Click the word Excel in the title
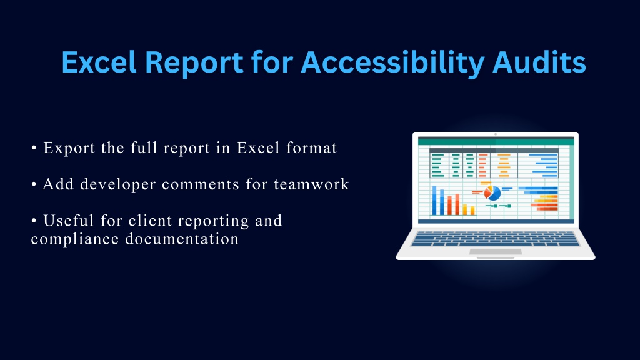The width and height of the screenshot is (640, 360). coord(99,62)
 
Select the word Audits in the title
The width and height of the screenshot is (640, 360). coord(539,62)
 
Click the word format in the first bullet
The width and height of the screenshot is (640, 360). coord(311,147)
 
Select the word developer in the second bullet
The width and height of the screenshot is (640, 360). coord(118,185)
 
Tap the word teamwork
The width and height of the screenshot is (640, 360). coord(311,184)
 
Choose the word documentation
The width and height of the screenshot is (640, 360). coord(182,239)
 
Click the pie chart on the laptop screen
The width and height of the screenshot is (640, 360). coord(492,192)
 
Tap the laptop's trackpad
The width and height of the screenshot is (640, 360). coord(496,252)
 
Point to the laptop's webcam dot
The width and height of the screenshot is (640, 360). coord(496,134)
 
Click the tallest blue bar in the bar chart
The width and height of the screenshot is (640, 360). coord(434,201)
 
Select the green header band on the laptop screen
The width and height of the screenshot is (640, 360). coord(496,142)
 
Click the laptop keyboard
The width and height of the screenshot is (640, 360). coord(496,239)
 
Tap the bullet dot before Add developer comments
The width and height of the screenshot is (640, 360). coord(34,184)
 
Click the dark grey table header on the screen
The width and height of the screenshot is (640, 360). coord(494,151)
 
